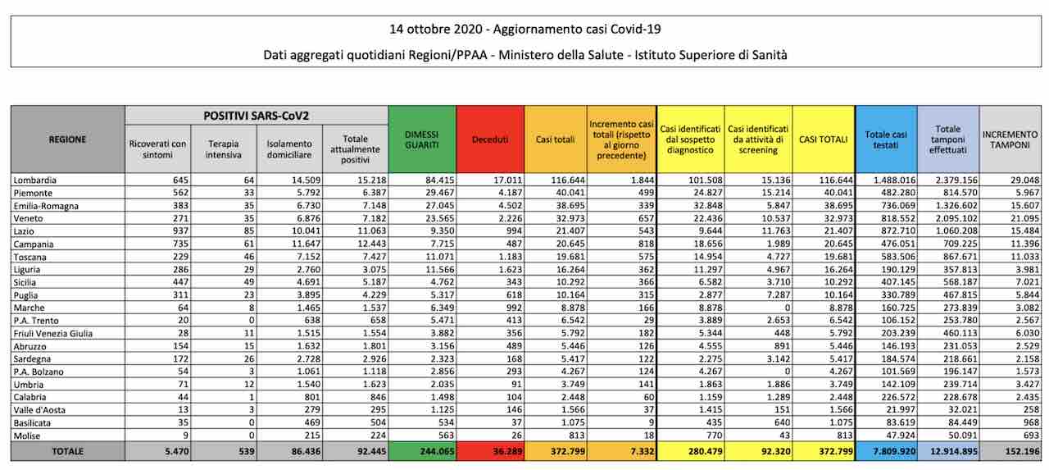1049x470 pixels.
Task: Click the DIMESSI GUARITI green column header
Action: [422, 139]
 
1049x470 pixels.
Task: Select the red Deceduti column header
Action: [490, 139]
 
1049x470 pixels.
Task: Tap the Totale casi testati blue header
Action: [886, 139]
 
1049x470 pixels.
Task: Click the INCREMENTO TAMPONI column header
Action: [1010, 139]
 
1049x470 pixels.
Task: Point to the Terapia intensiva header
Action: [224, 149]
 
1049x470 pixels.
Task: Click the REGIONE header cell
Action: [67, 139]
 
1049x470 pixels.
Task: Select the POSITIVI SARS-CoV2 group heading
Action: [257, 116]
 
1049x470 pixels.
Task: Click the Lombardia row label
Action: [34, 180]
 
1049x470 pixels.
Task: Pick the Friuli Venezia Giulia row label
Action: [53, 333]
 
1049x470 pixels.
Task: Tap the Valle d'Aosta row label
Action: [39, 409]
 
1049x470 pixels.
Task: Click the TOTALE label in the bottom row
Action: [67, 451]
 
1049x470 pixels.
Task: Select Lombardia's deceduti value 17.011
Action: [507, 180]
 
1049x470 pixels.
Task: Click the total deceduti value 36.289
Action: [507, 451]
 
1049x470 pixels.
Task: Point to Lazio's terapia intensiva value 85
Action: [248, 231]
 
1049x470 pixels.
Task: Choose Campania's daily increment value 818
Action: [647, 244]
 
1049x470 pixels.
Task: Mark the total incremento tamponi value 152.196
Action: [1022, 451]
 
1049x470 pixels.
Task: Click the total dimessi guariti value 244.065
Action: [437, 451]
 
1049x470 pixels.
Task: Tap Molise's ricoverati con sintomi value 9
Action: [185, 436]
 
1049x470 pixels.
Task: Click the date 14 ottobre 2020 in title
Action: [436, 29]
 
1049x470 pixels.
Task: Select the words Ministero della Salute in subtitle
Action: [561, 55]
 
